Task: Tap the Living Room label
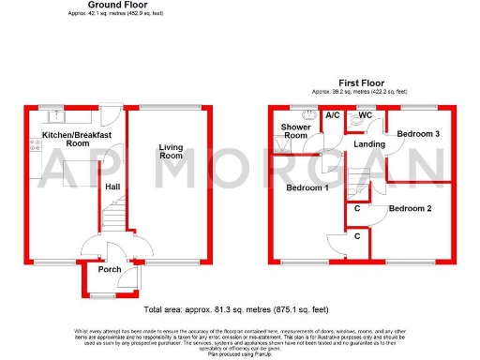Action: point(171,150)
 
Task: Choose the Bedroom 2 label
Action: point(411,208)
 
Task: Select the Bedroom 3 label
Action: point(418,134)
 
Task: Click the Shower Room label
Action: point(294,131)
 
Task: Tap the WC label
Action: point(366,115)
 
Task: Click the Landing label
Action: point(368,143)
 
